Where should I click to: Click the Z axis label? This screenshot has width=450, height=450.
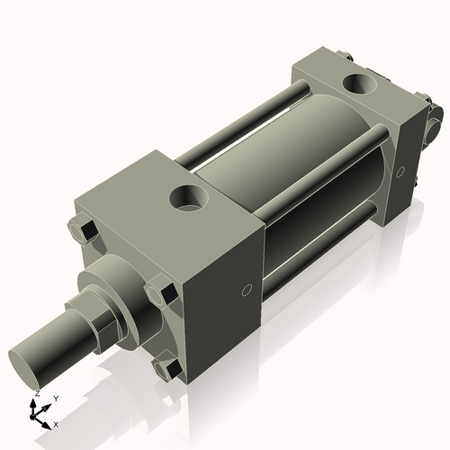click(x=35, y=394)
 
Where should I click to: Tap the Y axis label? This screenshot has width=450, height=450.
click(x=55, y=397)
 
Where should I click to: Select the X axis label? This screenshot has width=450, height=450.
click(x=57, y=422)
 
